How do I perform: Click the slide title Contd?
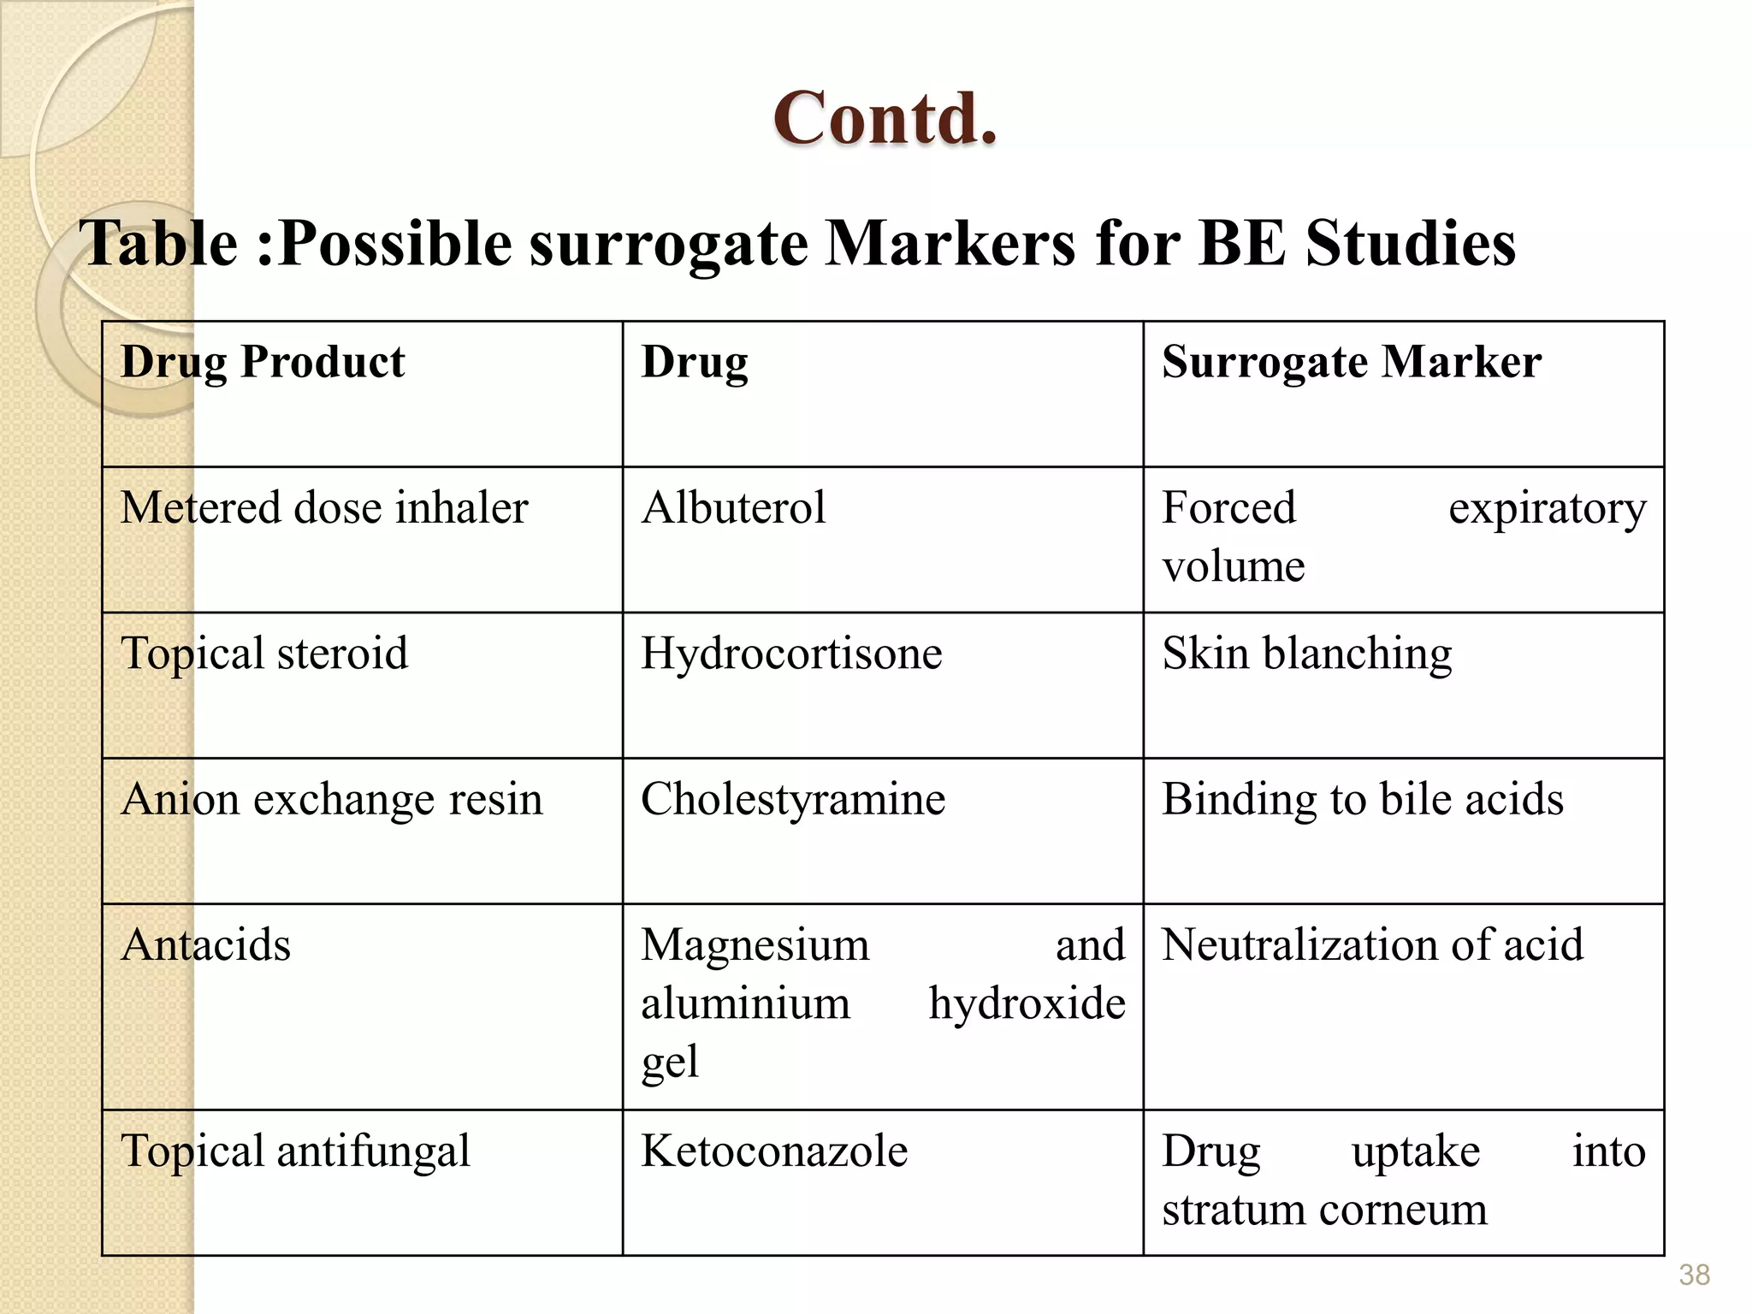[885, 119]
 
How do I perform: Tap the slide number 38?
[1694, 1275]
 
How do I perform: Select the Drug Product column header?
[263, 362]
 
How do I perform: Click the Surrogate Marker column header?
[1352, 362]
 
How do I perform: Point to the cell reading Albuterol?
[733, 508]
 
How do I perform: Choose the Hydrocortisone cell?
[791, 654]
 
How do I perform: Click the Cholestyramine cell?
[793, 800]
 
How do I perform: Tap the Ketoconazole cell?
[774, 1151]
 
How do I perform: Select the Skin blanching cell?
[1306, 654]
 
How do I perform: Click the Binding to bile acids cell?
[1362, 800]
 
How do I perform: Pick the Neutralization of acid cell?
[1372, 945]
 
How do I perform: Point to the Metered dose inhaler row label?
[324, 508]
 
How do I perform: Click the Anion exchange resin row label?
[332, 800]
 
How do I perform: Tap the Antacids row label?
[205, 945]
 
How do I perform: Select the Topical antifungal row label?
[295, 1151]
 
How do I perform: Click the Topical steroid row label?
[264, 654]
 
